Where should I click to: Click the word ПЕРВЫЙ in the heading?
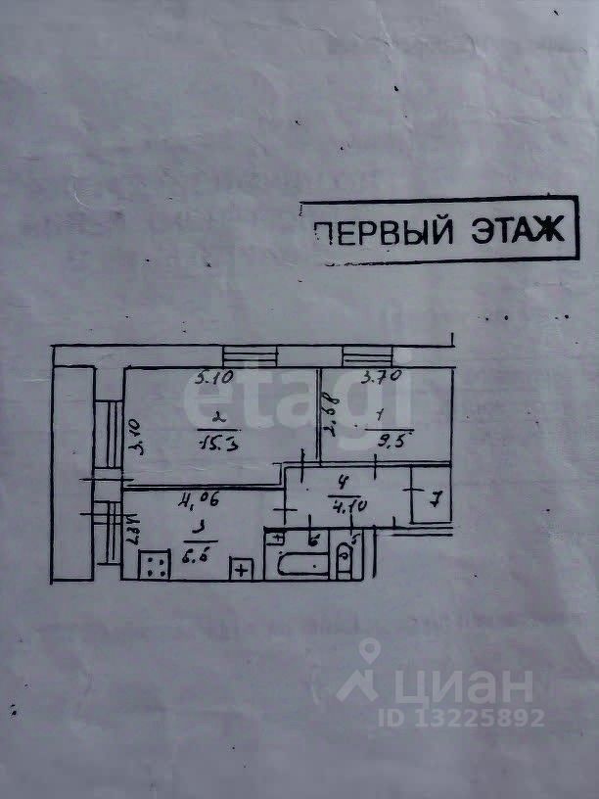click(x=383, y=232)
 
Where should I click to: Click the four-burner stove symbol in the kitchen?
click(x=155, y=564)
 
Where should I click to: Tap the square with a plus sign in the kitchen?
click(x=241, y=568)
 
